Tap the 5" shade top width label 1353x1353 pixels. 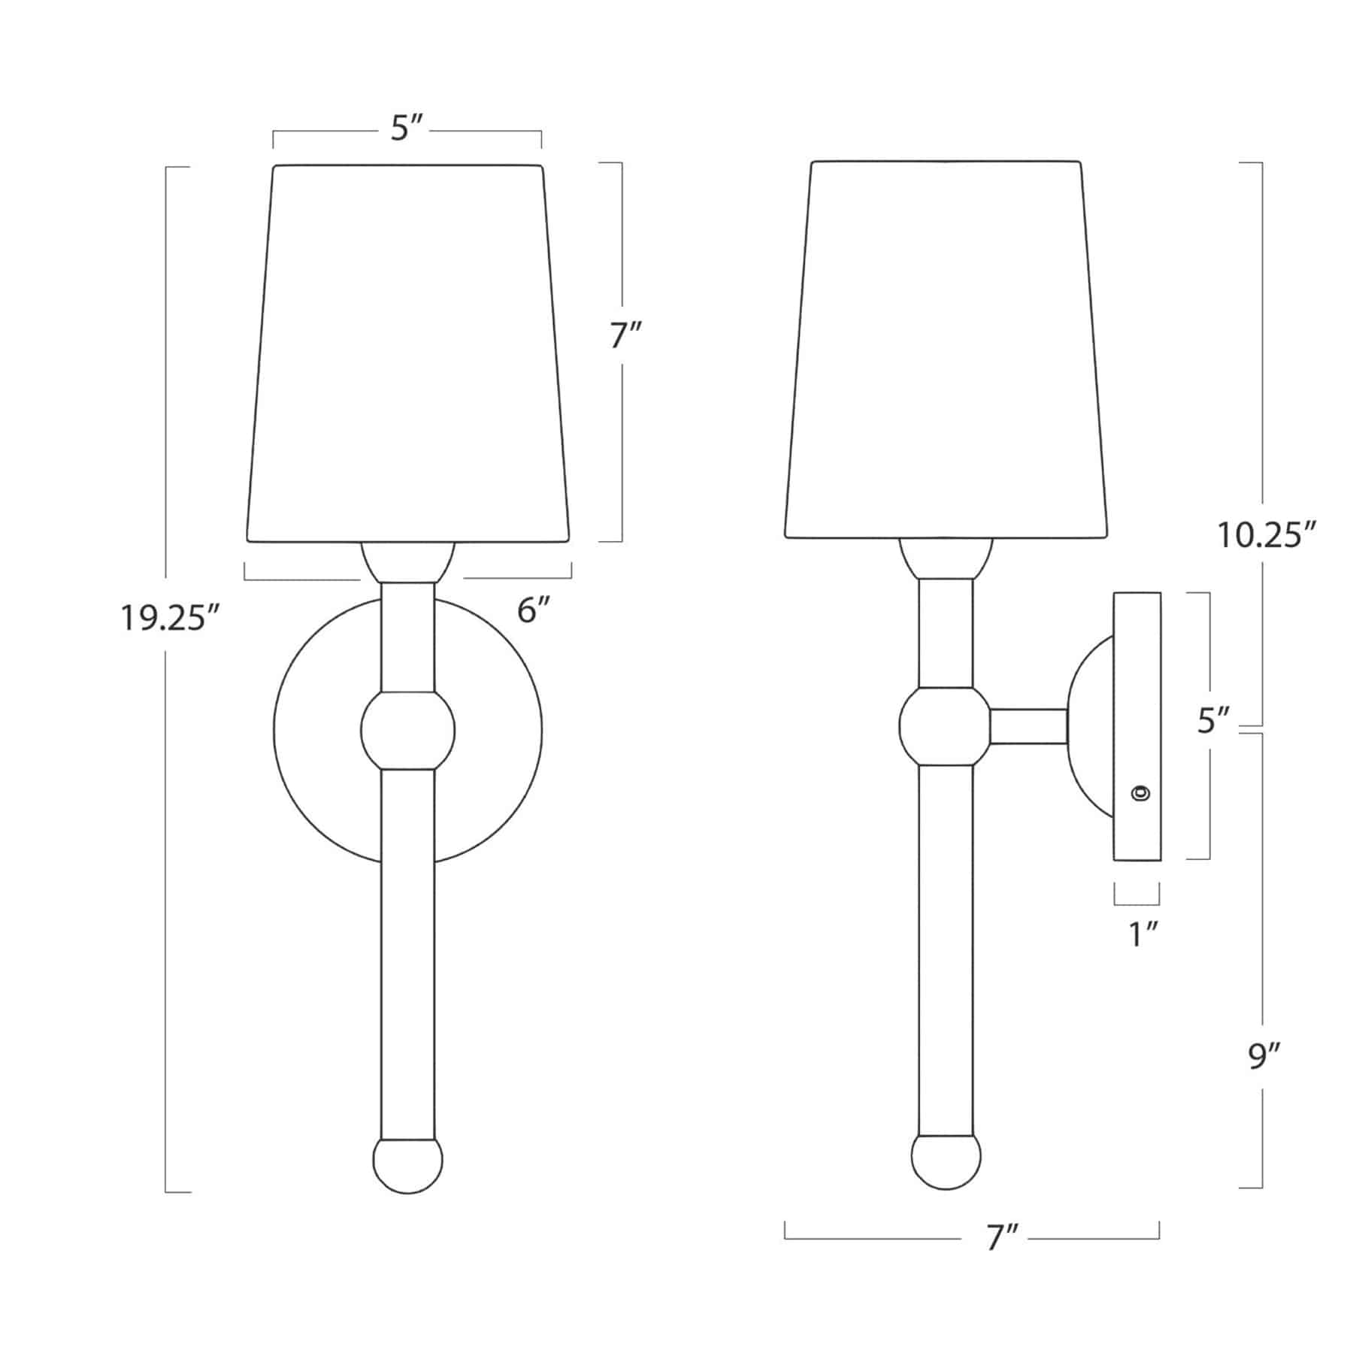point(408,129)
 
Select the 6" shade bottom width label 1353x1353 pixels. point(534,610)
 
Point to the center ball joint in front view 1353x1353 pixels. point(408,730)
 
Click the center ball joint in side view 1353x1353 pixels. point(944,726)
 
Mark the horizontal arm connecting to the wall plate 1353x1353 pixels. point(1027,726)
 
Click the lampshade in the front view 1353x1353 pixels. point(408,353)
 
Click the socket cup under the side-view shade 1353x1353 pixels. point(946,558)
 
